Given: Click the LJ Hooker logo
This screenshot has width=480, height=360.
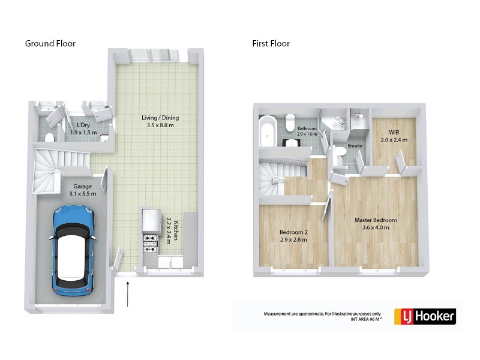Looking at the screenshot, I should [x=425, y=316].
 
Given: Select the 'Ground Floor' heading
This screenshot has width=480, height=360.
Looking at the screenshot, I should [x=50, y=44].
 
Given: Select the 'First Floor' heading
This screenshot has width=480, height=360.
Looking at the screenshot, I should [x=271, y=44].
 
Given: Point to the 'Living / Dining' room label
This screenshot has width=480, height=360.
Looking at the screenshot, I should [x=160, y=118].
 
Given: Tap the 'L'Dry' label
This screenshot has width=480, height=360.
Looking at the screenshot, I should [x=76, y=125].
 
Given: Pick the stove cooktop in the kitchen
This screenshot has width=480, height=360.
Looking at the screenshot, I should [x=149, y=243].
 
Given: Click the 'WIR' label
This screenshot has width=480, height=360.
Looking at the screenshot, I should [x=394, y=131].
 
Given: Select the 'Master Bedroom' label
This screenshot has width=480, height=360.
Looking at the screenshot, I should [x=375, y=220].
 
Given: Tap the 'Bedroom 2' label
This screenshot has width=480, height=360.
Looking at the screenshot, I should [x=293, y=232].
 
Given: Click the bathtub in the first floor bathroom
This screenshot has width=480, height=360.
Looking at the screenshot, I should [x=267, y=131].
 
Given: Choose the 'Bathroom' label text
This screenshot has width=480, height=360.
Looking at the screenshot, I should [x=307, y=128].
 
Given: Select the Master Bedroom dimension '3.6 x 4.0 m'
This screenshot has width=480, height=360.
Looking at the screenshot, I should [x=375, y=227].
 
